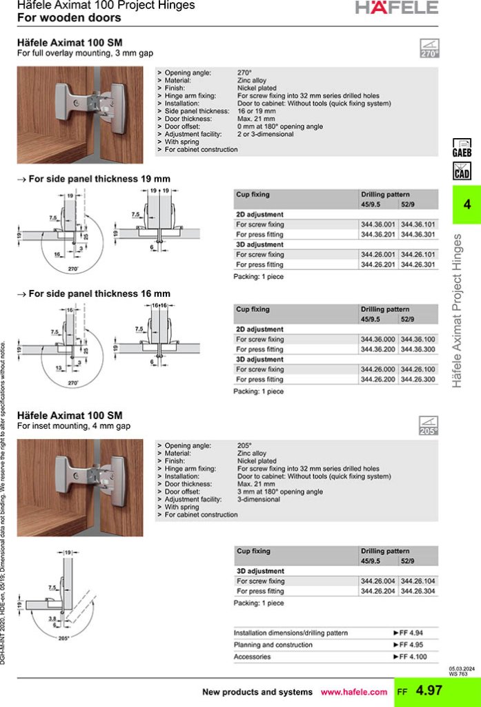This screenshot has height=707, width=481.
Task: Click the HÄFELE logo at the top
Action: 397,8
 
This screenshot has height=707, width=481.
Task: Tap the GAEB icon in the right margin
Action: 461,148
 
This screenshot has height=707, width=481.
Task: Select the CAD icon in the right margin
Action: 461,170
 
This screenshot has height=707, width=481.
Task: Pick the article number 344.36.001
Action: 378,224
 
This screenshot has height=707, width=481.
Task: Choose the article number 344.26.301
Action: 418,264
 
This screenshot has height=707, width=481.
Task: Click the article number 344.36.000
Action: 378,340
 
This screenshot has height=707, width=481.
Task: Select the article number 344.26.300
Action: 418,379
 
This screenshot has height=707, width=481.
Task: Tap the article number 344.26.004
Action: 378,581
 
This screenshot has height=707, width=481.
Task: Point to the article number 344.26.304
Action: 418,591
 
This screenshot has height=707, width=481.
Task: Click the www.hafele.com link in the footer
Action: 354,692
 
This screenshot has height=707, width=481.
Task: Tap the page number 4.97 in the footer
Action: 429,691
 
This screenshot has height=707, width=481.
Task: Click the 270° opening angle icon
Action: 429,48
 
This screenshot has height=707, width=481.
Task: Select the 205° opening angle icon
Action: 429,426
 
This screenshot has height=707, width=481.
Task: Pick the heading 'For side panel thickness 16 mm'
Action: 99,293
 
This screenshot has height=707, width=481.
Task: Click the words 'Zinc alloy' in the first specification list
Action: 251,81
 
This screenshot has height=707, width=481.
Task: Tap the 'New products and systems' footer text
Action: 257,692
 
